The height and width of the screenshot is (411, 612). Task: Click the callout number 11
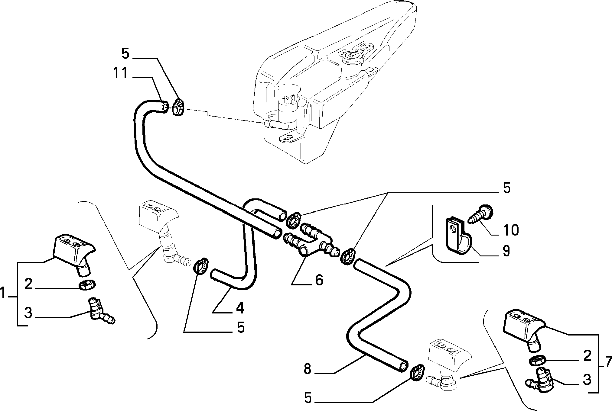tap(120, 73)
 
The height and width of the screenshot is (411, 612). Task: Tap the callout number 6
tap(319, 280)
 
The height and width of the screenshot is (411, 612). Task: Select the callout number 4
tap(240, 308)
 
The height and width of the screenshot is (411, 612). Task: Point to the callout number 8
tap(308, 369)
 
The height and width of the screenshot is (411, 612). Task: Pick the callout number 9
tap(506, 251)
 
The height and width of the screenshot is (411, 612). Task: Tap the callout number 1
tap(3, 293)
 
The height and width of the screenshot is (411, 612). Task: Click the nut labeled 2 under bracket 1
tap(87, 284)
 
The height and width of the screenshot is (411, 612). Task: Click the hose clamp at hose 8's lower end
tap(417, 372)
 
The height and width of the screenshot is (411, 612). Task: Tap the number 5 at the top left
tap(125, 54)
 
